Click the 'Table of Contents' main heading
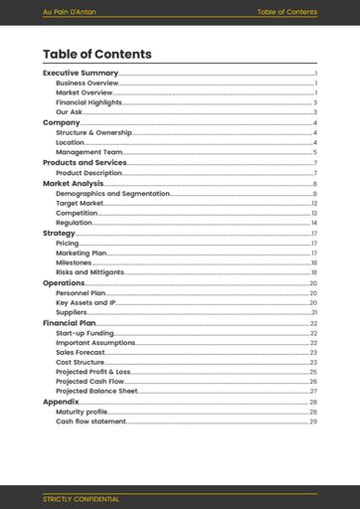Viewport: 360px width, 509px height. [97, 55]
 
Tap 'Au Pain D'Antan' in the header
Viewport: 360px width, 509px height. [70, 12]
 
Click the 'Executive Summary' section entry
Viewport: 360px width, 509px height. [81, 74]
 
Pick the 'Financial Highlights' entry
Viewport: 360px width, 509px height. [89, 102]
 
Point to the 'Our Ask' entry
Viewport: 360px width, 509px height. [70, 112]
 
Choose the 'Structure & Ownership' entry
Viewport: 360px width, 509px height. [93, 132]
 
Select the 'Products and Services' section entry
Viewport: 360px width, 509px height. [85, 163]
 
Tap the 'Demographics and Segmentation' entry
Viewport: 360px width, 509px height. [112, 193]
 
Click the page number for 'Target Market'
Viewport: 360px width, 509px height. [313, 203]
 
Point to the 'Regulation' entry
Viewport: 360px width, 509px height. [75, 223]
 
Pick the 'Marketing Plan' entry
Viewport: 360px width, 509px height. [81, 253]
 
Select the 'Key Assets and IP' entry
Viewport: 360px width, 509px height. [86, 302]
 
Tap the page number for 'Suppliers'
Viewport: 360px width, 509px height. [313, 312]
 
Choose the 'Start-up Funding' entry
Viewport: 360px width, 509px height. [85, 333]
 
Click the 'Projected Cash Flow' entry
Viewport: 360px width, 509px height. [90, 381]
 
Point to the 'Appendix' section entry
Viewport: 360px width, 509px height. [61, 402]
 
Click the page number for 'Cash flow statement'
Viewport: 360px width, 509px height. [313, 422]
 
